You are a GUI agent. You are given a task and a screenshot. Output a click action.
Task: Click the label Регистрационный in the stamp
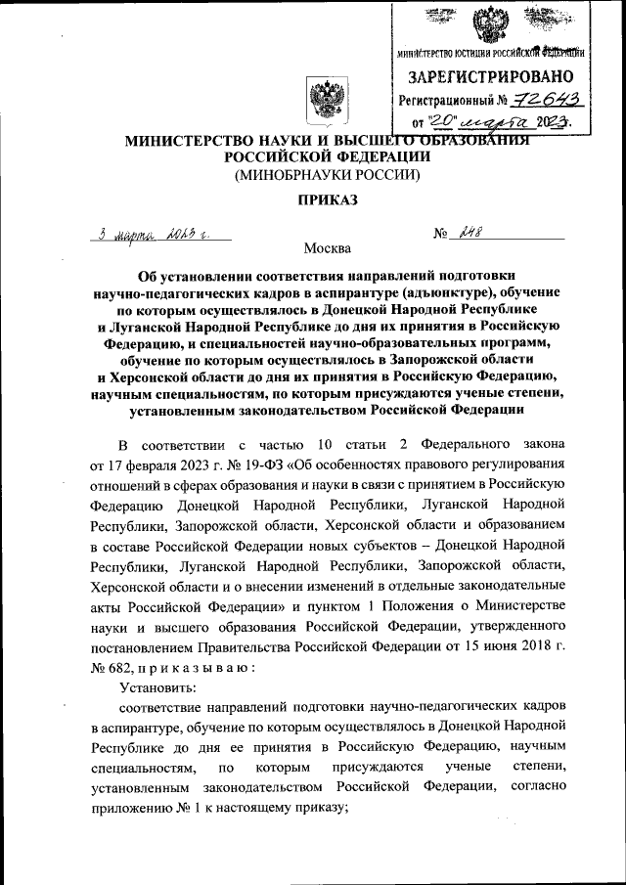[445, 100]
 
